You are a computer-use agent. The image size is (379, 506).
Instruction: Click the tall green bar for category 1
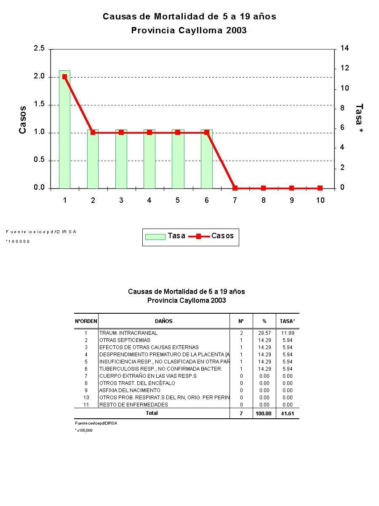coord(64,131)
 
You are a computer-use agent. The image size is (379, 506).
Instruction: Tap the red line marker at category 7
coord(235,188)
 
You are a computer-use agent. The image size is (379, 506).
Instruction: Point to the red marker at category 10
coord(320,188)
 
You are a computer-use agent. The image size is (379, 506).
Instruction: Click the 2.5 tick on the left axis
coord(39,48)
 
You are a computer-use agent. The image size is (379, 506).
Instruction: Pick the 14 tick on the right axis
coord(344,48)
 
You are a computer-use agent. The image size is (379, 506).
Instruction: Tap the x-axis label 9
coord(291,200)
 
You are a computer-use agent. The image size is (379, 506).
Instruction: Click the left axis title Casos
coord(23,120)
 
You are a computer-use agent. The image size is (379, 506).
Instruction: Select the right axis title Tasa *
coord(359,119)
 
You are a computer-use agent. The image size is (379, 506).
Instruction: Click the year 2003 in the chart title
coord(236,30)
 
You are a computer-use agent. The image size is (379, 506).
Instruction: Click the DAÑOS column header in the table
coord(163,321)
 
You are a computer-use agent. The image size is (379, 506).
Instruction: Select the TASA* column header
coord(287,321)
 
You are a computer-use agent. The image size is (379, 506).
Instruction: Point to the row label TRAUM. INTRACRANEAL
coord(128,333)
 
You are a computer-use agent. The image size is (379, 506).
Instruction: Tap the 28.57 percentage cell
coord(264,333)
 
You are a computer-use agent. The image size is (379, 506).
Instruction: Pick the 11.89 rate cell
coord(287,333)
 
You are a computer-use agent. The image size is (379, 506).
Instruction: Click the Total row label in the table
coord(152,413)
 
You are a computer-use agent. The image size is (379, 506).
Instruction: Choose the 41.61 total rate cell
coord(287,414)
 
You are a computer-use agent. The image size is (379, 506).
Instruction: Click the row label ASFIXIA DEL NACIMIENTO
coord(130,390)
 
